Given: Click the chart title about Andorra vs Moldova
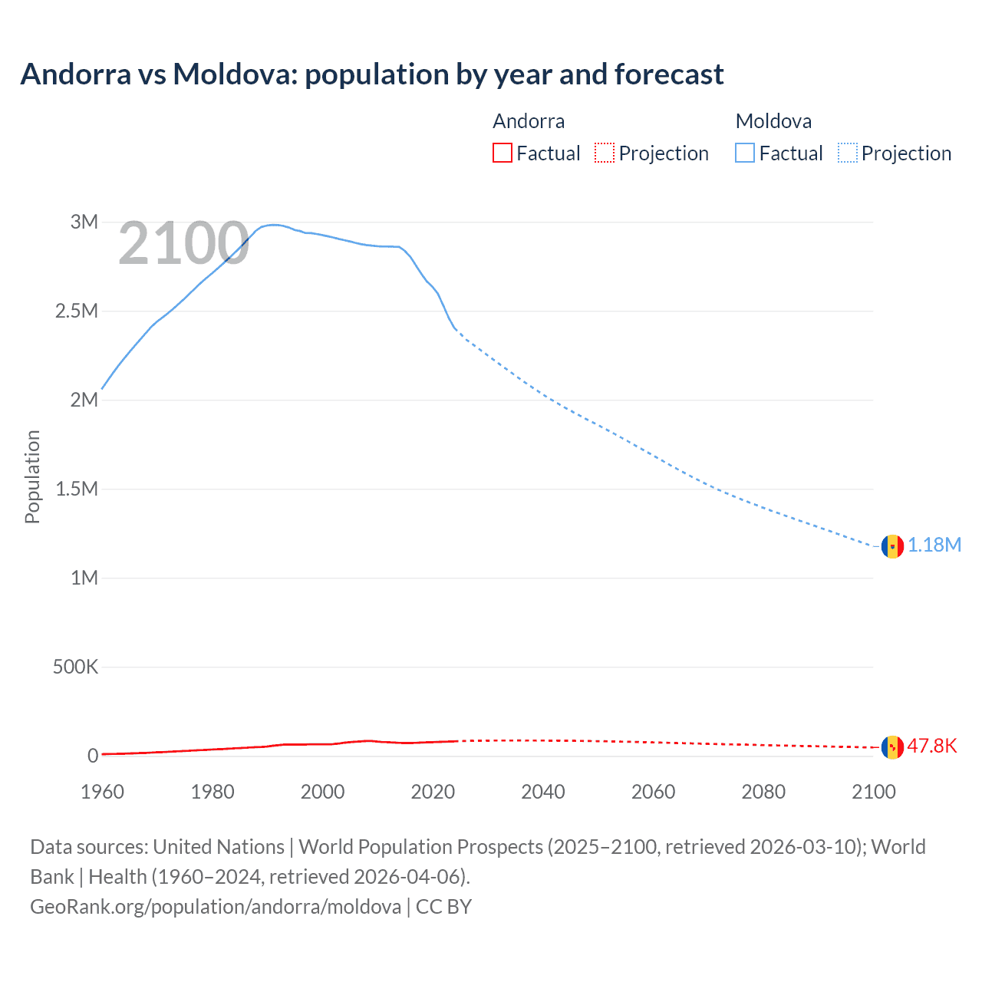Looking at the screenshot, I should click(x=372, y=74).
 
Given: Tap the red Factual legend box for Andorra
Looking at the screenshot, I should click(x=502, y=153).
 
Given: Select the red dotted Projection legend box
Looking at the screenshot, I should click(x=605, y=153).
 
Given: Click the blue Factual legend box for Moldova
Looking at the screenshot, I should click(x=745, y=153).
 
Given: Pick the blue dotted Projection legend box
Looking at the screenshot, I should click(x=848, y=153).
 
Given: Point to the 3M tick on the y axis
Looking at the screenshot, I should click(x=84, y=222).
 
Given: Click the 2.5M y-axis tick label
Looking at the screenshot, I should click(x=77, y=311).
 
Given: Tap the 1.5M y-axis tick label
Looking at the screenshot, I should click(x=77, y=489).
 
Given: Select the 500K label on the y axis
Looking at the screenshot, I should click(x=75, y=667).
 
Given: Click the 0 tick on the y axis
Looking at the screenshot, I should click(x=93, y=756).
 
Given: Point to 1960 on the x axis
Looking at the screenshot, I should click(x=102, y=792).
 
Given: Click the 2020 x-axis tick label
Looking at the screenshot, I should click(x=433, y=792).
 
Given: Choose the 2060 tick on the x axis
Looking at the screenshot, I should click(x=653, y=792).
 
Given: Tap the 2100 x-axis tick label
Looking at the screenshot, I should click(x=873, y=792).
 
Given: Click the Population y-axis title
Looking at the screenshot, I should click(x=32, y=476).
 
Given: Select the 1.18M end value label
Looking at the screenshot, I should click(x=934, y=545).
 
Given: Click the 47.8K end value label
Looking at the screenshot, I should click(x=932, y=746).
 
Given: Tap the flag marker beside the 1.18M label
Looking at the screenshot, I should click(x=892, y=546).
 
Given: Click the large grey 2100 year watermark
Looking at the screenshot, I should click(x=183, y=244).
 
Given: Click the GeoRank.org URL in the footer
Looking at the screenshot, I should click(x=216, y=906).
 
